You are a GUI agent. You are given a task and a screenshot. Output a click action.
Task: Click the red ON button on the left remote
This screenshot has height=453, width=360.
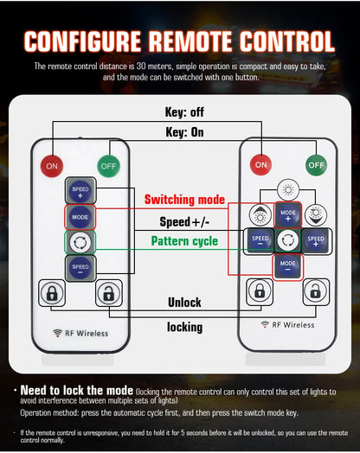coord(52,166)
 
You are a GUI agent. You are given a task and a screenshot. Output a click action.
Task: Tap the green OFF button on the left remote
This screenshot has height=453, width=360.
coord(109,166)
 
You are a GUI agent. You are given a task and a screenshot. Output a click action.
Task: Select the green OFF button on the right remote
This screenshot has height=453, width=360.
coord(317,165)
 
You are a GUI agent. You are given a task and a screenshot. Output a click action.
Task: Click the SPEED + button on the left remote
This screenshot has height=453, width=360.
coord(80,191)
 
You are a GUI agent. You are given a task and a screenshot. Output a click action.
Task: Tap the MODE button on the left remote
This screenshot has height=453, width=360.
coord(80,217)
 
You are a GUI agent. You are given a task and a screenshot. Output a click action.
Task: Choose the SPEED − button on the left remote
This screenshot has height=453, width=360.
coord(80,268)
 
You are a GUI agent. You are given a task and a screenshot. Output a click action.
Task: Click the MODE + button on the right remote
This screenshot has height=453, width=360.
coord(287,215)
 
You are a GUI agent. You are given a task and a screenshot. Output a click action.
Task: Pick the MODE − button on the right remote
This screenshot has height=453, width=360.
coord(287,266)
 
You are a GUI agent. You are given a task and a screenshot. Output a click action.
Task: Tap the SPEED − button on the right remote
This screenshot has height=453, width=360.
coord(260,240)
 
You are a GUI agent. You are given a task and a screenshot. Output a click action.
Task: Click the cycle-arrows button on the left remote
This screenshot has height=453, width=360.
coord(80,242)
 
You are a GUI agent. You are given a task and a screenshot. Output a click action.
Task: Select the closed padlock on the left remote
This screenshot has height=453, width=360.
coord(52,293)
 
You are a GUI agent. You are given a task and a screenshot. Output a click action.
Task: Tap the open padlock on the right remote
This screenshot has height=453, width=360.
coord(316,292)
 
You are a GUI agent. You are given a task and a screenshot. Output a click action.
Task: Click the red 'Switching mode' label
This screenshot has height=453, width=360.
coord(184,200)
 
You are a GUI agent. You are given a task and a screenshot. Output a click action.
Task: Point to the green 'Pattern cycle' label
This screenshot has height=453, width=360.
coord(184,241)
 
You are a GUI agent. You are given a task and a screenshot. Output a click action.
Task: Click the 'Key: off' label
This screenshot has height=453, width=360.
coord(184,112)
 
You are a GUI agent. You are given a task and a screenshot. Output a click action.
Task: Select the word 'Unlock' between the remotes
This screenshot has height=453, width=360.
coord(184,303)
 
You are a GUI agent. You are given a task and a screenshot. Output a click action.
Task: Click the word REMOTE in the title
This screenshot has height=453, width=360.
coord(190,41)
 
